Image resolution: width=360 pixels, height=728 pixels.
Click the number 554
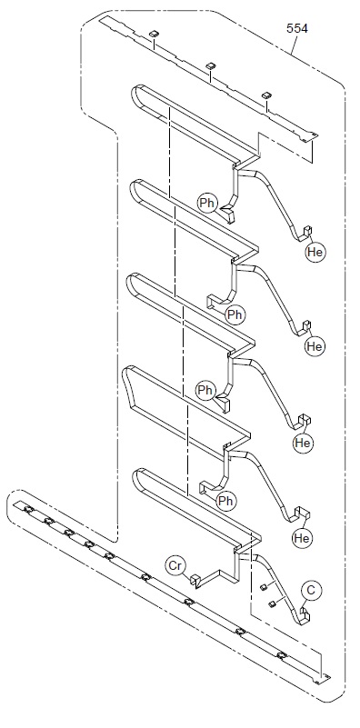[x=297, y=28]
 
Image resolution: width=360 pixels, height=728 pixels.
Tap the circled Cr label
[x=175, y=566]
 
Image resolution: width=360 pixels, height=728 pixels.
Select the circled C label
[x=311, y=591]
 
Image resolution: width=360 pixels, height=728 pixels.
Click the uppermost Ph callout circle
[x=207, y=203]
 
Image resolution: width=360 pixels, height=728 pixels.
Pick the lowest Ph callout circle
[x=225, y=501]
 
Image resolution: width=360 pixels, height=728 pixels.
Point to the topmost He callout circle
[x=315, y=252]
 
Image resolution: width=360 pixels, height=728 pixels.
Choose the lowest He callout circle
[x=302, y=538]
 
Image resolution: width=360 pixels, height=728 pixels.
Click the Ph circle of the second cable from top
[x=235, y=314]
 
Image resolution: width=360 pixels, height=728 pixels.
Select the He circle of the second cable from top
[x=315, y=346]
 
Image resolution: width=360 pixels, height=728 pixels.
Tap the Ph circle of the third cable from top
[x=205, y=391]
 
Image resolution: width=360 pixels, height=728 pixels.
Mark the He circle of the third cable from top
[x=303, y=443]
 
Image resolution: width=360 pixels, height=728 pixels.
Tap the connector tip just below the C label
[x=305, y=613]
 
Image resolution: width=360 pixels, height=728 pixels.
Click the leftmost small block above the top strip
[x=154, y=34]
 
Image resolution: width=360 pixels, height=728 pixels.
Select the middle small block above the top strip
[x=210, y=66]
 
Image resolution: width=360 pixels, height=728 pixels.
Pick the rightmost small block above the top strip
[x=265, y=95]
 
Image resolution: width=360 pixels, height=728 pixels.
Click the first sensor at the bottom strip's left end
[x=28, y=510]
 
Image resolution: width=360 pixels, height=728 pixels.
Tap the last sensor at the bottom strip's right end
[x=281, y=655]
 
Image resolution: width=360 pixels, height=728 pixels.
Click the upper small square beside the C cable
[x=263, y=587]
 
